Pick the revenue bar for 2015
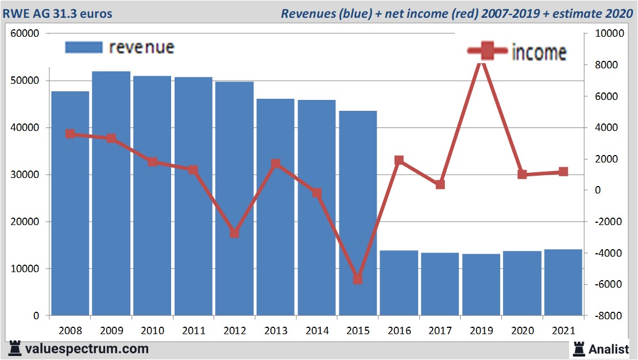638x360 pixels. pos(358,213)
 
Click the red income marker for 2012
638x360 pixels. pos(234,233)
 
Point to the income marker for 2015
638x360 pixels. pos(358,279)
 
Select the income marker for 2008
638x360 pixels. pos(70,134)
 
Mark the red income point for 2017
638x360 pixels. pos(440,185)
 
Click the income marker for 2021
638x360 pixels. pos(563,172)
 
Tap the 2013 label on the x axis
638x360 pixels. pos(276,331)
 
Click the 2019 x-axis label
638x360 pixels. pos(481,331)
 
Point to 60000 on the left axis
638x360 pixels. pos(25,34)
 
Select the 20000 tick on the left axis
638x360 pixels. pos(25,222)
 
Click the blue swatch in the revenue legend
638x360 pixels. pos(83,47)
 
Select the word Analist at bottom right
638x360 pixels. pos(608,349)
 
